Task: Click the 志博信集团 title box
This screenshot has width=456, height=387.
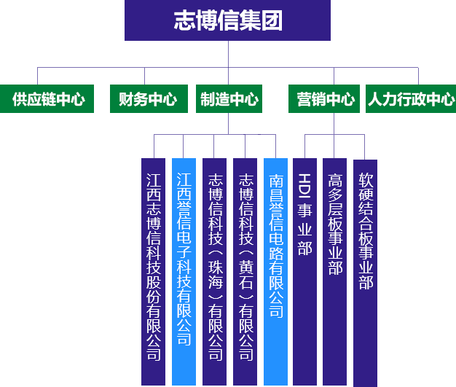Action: coord(227,20)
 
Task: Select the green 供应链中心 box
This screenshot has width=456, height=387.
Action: coord(48,100)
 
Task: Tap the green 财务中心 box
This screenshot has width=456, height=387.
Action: coord(148,100)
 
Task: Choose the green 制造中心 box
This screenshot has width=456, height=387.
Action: coord(229,100)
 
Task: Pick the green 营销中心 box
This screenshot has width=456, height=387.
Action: coord(326,100)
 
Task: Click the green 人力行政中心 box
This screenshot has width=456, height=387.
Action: coord(411,100)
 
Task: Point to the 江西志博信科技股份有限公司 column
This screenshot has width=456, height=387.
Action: coord(154,270)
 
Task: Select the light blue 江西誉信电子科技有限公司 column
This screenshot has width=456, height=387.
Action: coord(184,270)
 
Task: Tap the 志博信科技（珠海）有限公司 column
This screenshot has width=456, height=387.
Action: coord(215,270)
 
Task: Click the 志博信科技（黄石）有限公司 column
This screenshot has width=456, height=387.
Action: coord(246,270)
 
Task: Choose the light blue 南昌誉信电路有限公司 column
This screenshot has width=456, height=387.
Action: coord(276,270)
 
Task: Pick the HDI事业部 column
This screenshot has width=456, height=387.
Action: coord(304,270)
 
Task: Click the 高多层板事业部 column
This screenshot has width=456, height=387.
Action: coord(335,270)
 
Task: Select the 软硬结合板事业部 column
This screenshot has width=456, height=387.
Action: coord(365,270)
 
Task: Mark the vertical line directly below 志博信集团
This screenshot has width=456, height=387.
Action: coord(227,54)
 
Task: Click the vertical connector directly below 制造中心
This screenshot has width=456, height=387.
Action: coord(229,123)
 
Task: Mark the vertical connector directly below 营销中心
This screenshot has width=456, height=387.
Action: coord(333,123)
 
